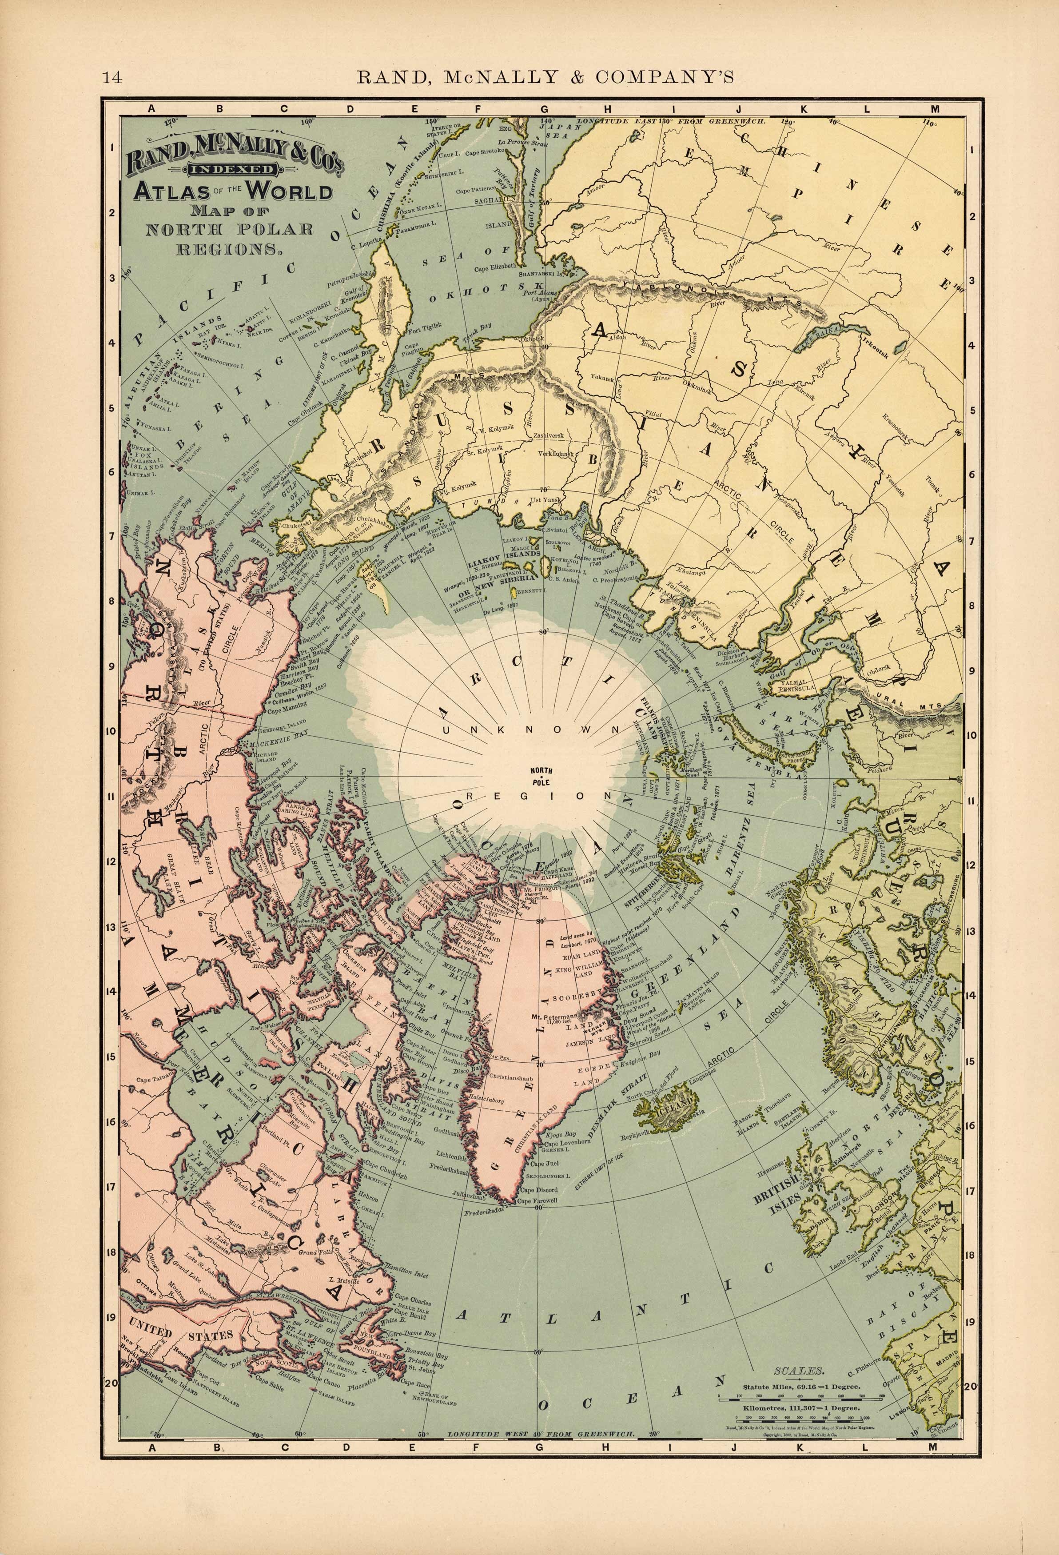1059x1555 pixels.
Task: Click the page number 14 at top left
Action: (x=112, y=78)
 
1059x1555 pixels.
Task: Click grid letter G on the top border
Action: (x=543, y=109)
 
